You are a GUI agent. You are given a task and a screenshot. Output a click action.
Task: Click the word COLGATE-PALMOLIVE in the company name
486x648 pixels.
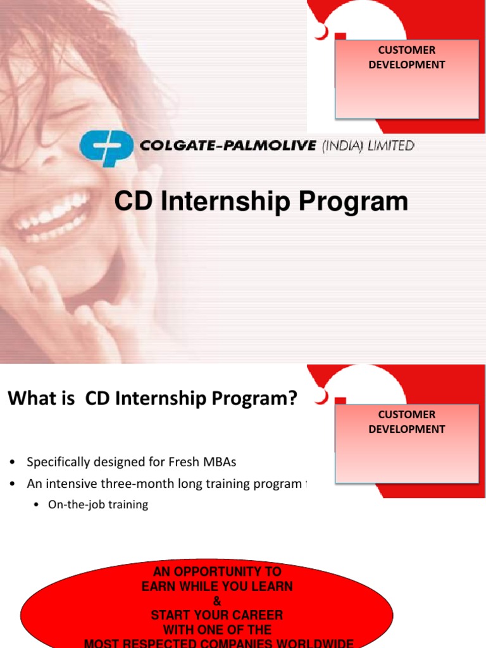coord(227,146)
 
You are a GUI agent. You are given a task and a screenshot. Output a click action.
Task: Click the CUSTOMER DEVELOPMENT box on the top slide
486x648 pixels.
coord(406,78)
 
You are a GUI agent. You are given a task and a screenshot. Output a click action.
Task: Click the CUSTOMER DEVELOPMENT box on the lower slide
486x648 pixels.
coord(406,443)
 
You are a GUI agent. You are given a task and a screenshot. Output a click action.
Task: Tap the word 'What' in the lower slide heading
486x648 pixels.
coord(29,399)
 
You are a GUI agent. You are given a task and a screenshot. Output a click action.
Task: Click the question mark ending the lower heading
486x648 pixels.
coord(292,399)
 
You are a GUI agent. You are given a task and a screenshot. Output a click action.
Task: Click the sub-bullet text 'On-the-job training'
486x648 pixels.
coord(98,504)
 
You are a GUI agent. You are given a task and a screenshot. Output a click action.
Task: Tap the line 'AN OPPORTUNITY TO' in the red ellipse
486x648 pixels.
coord(217,572)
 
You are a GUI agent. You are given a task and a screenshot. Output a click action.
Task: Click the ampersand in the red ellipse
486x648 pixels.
coord(217,601)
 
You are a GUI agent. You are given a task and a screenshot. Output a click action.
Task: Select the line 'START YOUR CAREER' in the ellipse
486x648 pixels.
coord(217,615)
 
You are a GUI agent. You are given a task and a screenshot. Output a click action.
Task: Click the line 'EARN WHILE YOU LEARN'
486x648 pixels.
coord(217,587)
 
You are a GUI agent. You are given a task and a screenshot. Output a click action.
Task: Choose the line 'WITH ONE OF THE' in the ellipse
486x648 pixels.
coord(217,630)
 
